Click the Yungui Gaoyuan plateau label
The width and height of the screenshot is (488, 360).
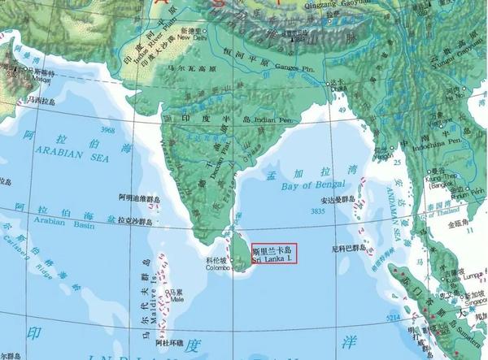coord(455,59)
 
